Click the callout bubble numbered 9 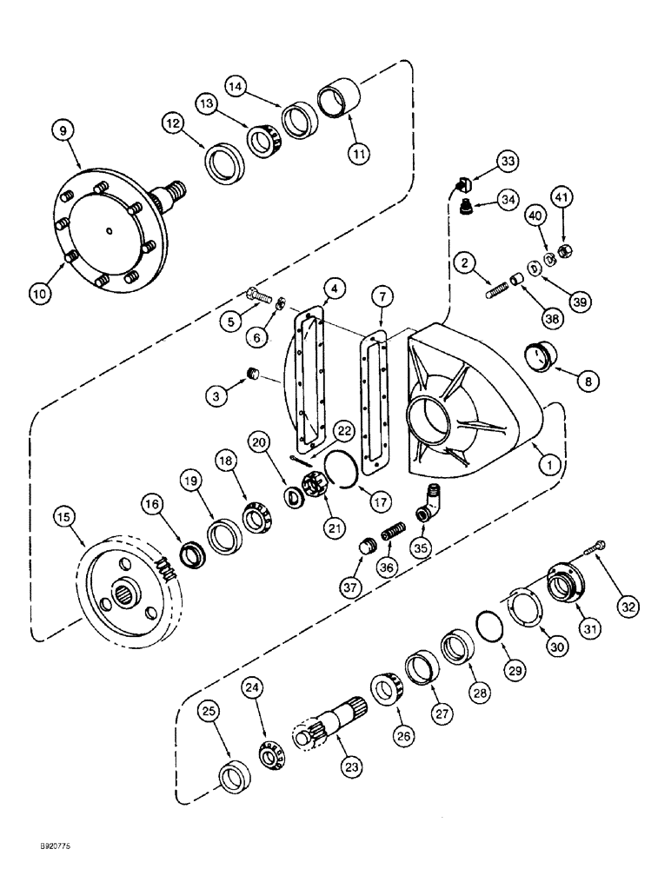pos(62,130)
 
